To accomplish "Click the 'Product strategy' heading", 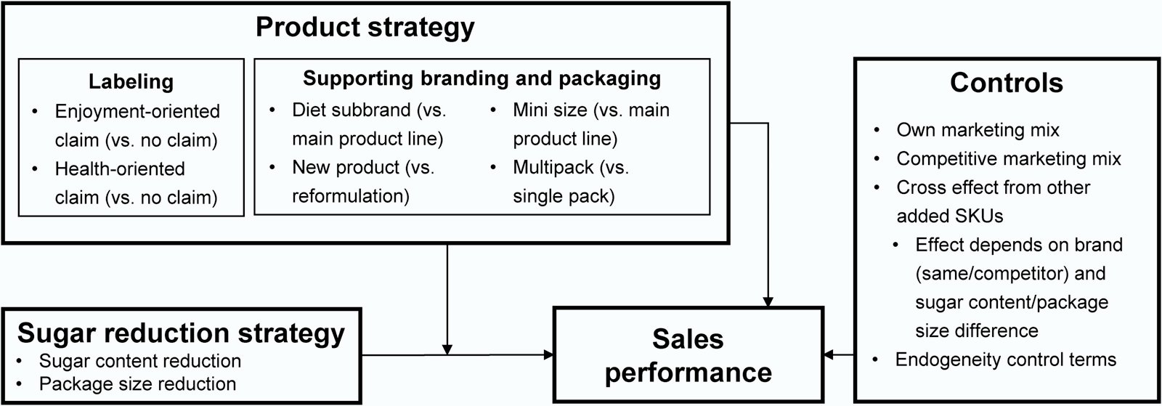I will [365, 28].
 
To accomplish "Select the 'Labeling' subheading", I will [131, 81].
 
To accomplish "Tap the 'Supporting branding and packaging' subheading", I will [482, 78].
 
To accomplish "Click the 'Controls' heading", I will [1006, 83].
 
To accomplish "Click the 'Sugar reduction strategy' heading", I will [181, 333].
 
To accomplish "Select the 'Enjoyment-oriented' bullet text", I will [137, 112].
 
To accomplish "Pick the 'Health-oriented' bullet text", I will [120, 169].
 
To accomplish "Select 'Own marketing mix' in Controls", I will [978, 130].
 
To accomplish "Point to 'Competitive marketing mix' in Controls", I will [1008, 158].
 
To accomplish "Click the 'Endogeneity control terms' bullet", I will [1005, 360].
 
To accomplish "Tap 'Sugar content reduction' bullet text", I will [139, 361].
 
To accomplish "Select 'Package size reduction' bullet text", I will [137, 383].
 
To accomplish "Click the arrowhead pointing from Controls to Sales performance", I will [829, 355].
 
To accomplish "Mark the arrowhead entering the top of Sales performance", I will [768, 301].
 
